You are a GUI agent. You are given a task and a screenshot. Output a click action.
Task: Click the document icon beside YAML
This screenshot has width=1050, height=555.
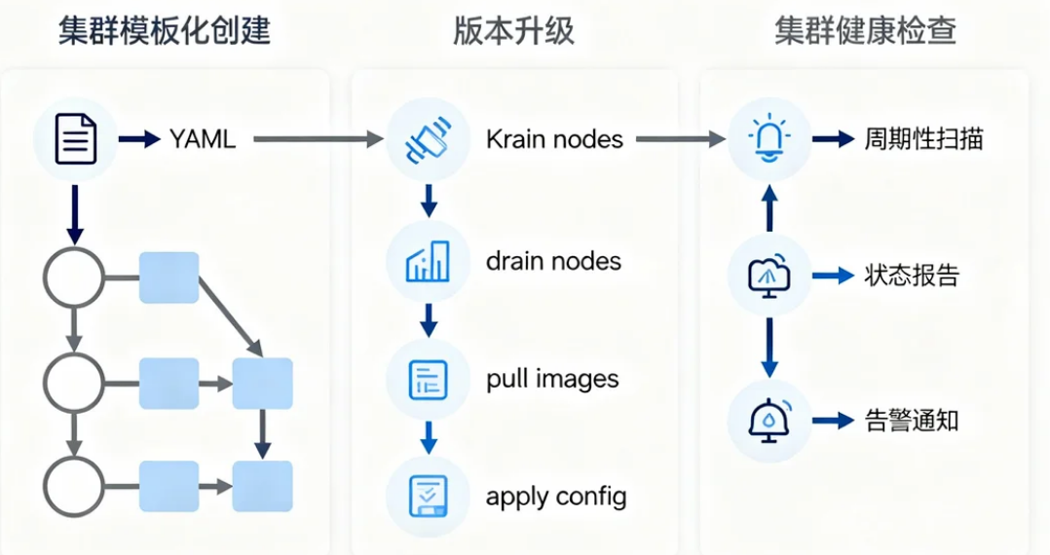point(75,139)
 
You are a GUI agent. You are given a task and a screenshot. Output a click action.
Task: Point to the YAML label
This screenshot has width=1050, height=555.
point(203,139)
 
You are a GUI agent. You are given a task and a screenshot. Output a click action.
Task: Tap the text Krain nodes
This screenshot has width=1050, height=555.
point(554,139)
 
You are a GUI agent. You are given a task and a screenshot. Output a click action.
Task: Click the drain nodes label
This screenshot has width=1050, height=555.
point(553,261)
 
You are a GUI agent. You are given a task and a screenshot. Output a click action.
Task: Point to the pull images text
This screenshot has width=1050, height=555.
point(552,379)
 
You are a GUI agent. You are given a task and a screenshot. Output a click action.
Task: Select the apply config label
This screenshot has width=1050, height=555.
point(556,497)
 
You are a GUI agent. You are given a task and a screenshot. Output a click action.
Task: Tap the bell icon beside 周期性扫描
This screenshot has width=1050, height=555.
point(769,139)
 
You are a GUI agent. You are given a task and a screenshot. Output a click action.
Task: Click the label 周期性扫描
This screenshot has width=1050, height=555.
point(923,139)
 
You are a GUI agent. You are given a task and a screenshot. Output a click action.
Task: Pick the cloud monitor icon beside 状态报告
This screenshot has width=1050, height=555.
point(769,277)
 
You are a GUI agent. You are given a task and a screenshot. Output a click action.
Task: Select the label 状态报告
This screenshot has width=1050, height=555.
point(912,277)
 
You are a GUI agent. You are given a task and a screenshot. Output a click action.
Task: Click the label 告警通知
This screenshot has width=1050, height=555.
point(912,421)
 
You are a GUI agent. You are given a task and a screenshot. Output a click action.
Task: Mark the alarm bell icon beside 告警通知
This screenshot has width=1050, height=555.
point(769,421)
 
